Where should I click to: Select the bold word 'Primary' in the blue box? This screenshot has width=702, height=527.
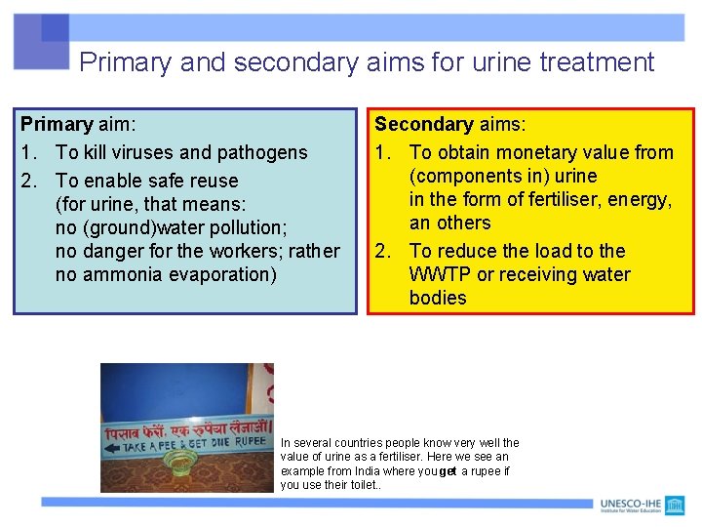pyautogui.click(x=57, y=125)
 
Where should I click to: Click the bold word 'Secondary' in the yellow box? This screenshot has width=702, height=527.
pyautogui.click(x=423, y=125)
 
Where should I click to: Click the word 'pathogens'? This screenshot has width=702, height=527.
pyautogui.click(x=262, y=152)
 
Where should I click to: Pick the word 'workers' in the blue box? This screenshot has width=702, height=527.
pyautogui.click(x=251, y=251)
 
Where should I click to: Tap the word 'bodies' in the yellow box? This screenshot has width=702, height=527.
pyautogui.click(x=438, y=298)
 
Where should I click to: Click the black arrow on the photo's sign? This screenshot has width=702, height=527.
pyautogui.click(x=111, y=447)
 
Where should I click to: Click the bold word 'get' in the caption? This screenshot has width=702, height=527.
pyautogui.click(x=448, y=471)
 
